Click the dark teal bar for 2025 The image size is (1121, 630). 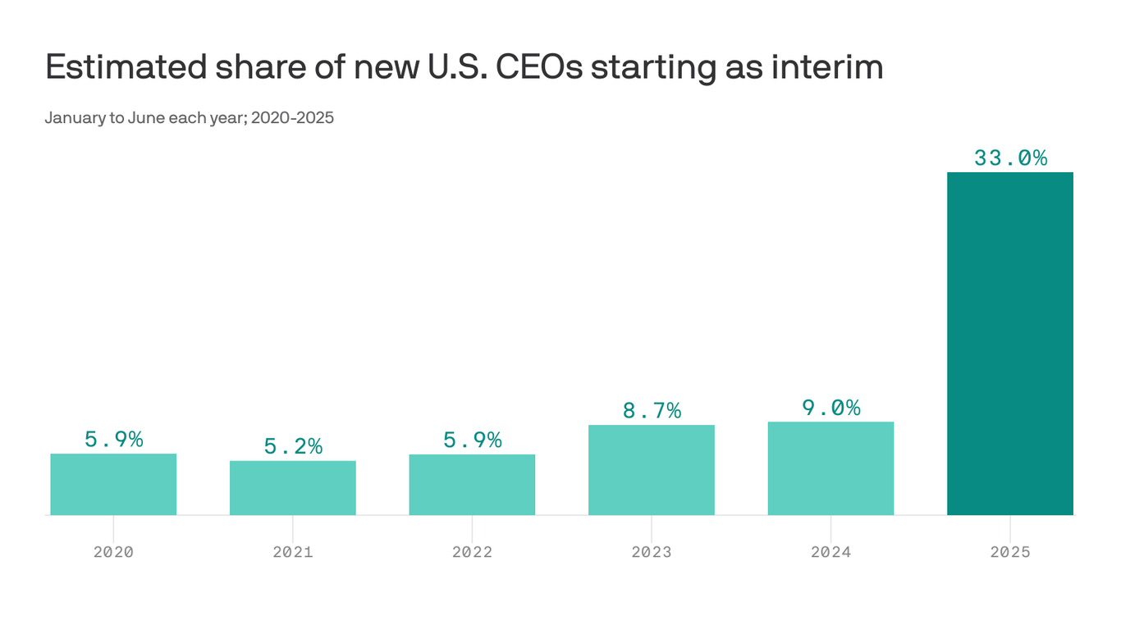[1010, 343]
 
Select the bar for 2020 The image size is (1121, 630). [113, 484]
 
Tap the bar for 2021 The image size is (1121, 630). [293, 488]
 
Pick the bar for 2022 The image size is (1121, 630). [472, 484]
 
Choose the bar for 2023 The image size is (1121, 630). [652, 470]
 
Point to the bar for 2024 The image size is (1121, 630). [830, 468]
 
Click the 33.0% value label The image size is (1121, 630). [1010, 158]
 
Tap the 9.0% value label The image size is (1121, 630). [831, 408]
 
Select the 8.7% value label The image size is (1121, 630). [652, 411]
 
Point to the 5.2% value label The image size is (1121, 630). [293, 446]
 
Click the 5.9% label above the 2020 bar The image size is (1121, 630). [113, 440]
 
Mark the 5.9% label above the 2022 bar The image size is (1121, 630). [473, 441]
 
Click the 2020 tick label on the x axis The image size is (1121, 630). [113, 552]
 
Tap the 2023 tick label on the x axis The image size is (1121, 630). [652, 552]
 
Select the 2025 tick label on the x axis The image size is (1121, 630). [1010, 552]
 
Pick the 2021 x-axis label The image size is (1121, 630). [293, 552]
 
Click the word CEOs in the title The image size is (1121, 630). [539, 66]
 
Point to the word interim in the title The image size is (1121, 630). [827, 66]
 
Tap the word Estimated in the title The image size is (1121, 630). [126, 66]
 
